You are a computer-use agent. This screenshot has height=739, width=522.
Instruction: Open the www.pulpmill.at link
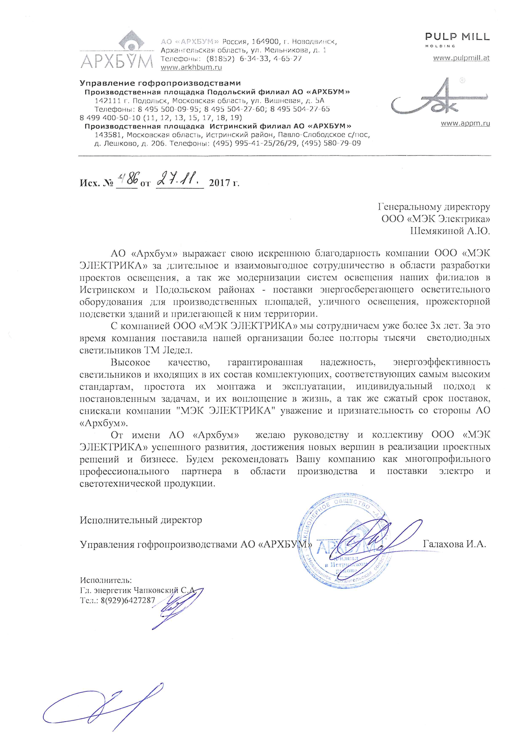[x=461, y=58]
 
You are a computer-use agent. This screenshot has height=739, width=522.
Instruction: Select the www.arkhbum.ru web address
[x=191, y=68]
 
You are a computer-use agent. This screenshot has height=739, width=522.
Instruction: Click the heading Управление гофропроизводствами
[x=160, y=83]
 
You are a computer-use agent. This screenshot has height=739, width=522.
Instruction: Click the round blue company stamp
[x=344, y=544]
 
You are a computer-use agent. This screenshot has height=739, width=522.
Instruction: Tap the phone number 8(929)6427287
[x=128, y=600]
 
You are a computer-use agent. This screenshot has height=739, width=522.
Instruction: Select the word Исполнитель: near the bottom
[x=106, y=580]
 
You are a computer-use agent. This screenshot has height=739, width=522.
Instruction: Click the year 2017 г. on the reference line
[x=224, y=183]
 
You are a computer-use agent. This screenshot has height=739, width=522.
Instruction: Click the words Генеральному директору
[x=434, y=207]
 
